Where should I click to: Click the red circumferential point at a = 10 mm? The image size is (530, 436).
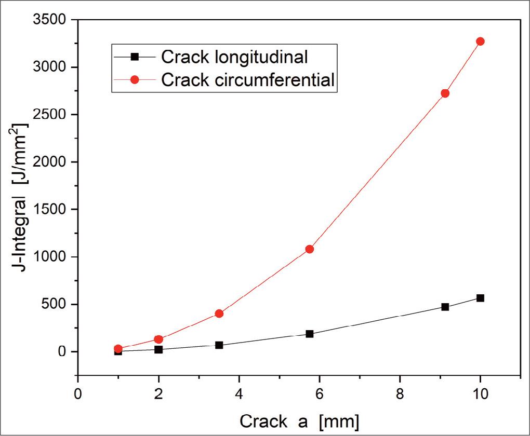[x=480, y=42]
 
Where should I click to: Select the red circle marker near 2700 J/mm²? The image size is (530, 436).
[x=445, y=93]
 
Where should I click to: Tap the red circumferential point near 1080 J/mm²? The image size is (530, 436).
[x=309, y=249]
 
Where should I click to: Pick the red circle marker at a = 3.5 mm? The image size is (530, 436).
[x=219, y=314]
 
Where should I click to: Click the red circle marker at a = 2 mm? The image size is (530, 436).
[x=158, y=339]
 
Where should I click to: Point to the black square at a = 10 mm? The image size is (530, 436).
[x=480, y=298]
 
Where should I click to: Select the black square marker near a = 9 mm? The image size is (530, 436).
[x=445, y=307]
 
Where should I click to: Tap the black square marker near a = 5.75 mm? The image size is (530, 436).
[x=309, y=334]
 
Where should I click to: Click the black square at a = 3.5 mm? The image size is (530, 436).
[x=219, y=345]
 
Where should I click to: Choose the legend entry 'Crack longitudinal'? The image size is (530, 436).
[x=234, y=56]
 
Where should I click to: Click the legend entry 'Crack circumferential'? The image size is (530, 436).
[x=247, y=80]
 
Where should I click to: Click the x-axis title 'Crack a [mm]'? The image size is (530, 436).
[x=299, y=421]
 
